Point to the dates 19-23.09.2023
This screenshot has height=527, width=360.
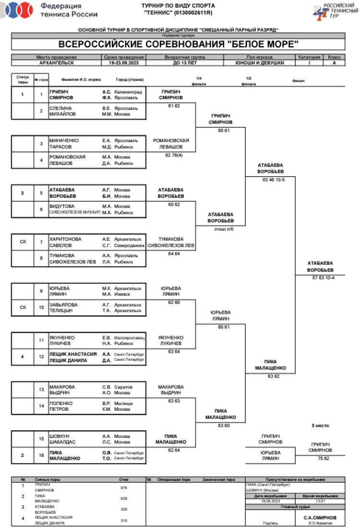(123, 62)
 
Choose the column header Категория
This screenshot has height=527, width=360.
(309, 57)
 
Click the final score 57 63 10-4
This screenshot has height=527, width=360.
(323, 278)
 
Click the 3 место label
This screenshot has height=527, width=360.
(320, 425)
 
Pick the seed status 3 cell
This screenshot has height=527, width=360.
(23, 193)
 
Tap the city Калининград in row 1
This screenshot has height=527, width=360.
(129, 91)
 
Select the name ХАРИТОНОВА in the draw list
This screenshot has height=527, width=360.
(65, 239)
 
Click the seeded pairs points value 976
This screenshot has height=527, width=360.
(123, 487)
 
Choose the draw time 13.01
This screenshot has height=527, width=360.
(320, 501)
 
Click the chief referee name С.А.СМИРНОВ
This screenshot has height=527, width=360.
(320, 517)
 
